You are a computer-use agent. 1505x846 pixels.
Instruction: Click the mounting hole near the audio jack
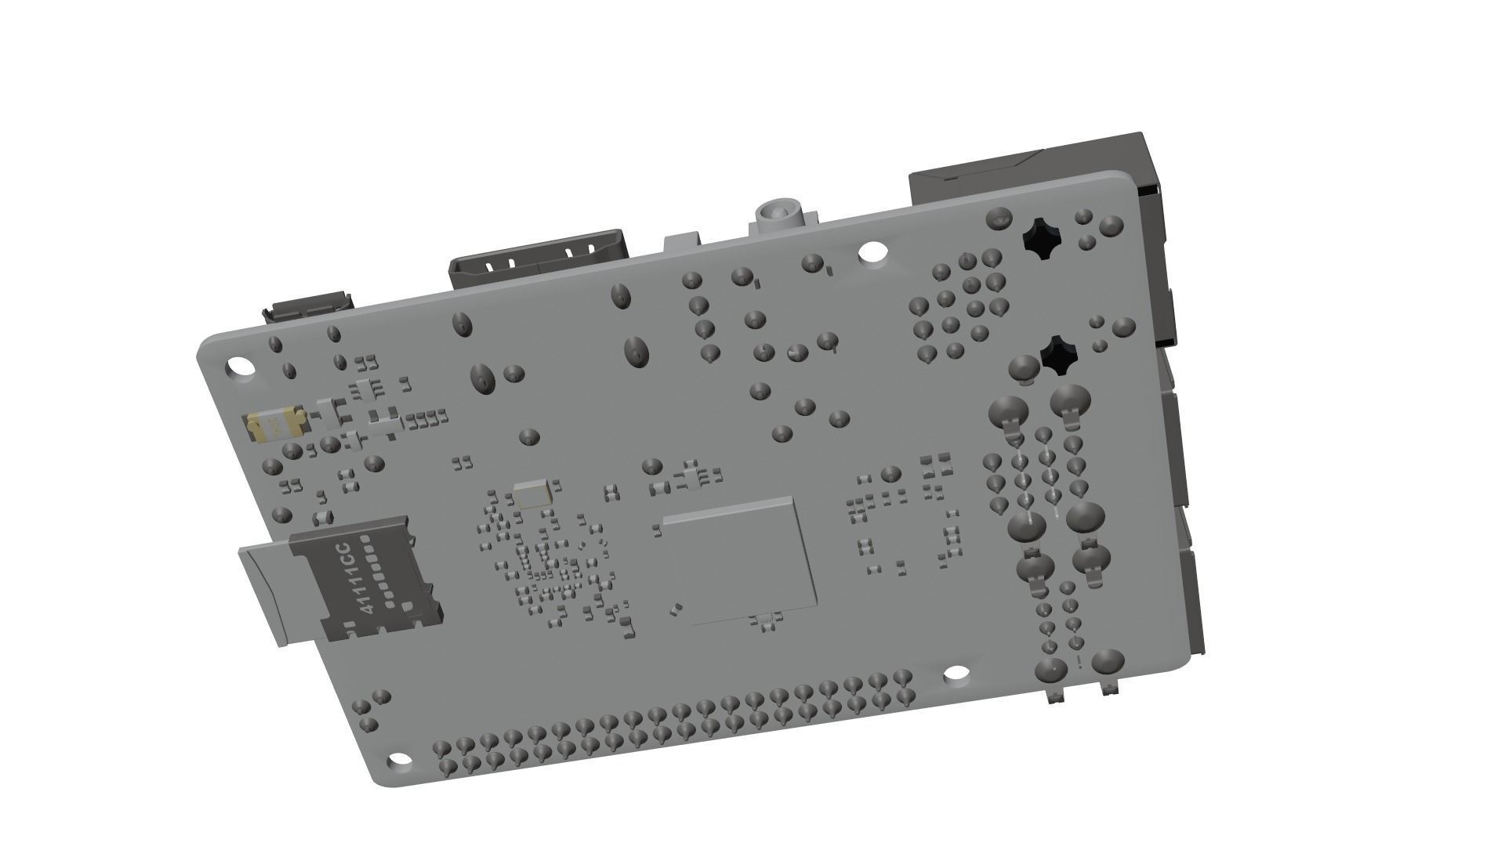[x=870, y=252]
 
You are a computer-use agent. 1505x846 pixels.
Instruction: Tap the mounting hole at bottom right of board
[x=956, y=673]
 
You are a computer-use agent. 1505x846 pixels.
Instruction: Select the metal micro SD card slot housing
[x=364, y=580]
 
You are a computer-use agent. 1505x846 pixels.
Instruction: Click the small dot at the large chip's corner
[x=675, y=607]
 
